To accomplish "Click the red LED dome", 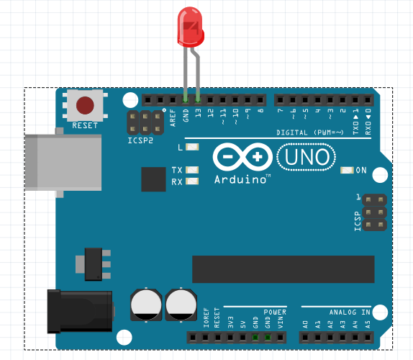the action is point(191,27).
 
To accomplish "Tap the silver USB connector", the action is point(63,162).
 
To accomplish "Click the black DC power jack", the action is point(80,311).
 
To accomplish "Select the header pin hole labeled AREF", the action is point(173,100).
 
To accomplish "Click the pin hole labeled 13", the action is point(198,100).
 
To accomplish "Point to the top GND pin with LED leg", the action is point(185,100).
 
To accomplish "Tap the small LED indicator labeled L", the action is point(192,147).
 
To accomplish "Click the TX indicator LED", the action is point(192,170).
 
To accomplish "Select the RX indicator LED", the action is point(192,181).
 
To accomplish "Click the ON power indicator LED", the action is point(347,170).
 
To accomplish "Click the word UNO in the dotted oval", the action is point(307,157).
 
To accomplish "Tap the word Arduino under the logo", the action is point(240,179).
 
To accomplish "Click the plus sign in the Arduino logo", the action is point(258,157).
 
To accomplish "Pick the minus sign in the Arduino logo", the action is point(227,157).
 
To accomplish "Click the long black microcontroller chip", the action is point(283,269).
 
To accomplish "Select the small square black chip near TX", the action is point(153,179).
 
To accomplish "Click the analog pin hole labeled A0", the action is point(305,337).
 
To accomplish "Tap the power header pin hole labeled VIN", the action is point(281,337).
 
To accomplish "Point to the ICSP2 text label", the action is point(140,140).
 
